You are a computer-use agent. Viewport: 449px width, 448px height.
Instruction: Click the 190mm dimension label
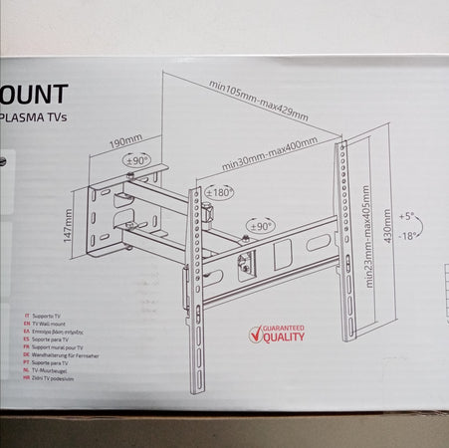(126, 139)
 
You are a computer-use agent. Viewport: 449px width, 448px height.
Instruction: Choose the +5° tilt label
(405, 215)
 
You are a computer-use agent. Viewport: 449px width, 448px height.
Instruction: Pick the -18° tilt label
(406, 236)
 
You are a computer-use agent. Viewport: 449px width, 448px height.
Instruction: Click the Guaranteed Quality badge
(275, 333)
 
